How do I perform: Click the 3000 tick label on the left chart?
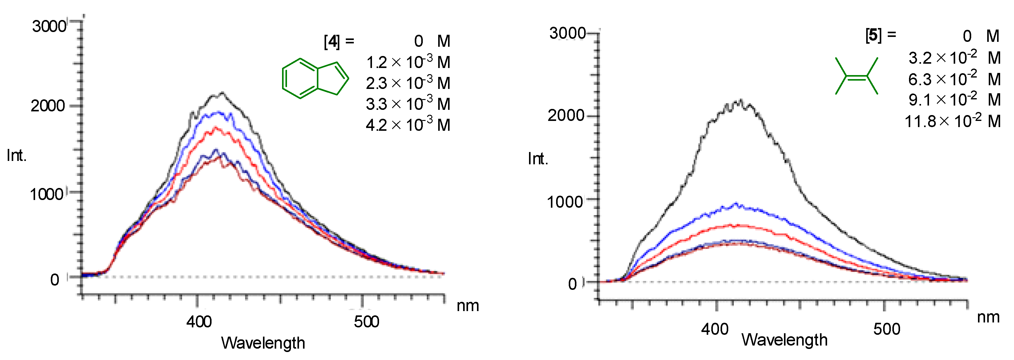point(49,26)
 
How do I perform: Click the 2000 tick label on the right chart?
point(566,115)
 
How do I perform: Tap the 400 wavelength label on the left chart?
point(199,322)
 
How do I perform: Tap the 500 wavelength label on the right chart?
point(887,329)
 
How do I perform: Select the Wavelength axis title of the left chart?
point(263,343)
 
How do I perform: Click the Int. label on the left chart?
point(17,156)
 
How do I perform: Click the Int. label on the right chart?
point(538,159)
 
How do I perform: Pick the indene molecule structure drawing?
point(315,78)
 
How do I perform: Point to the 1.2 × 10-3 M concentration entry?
point(408,62)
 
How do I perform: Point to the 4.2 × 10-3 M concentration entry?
point(408,125)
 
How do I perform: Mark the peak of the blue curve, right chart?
point(736,205)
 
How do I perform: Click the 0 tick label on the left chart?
point(55,280)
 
